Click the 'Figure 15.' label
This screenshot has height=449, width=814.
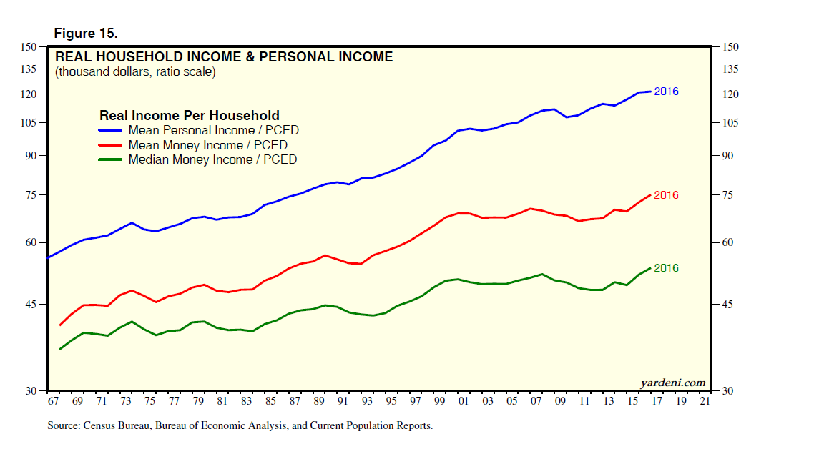(x=86, y=33)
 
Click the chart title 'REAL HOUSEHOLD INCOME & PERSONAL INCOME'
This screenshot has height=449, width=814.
(x=224, y=57)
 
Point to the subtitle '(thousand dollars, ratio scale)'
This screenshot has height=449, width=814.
(x=135, y=72)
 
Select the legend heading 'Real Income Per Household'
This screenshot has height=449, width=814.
(x=189, y=115)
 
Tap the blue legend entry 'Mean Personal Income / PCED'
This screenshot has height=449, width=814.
(x=213, y=130)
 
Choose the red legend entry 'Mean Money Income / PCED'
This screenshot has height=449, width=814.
(x=207, y=145)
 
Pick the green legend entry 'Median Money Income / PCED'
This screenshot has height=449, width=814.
(x=212, y=159)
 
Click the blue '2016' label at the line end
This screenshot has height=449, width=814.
(x=666, y=92)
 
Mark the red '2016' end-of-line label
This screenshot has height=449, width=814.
(x=666, y=195)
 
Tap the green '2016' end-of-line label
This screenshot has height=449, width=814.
(x=666, y=268)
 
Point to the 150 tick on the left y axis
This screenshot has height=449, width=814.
(x=29, y=47)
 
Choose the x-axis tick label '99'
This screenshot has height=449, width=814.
(x=439, y=402)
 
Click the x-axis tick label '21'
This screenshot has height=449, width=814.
(x=705, y=402)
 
